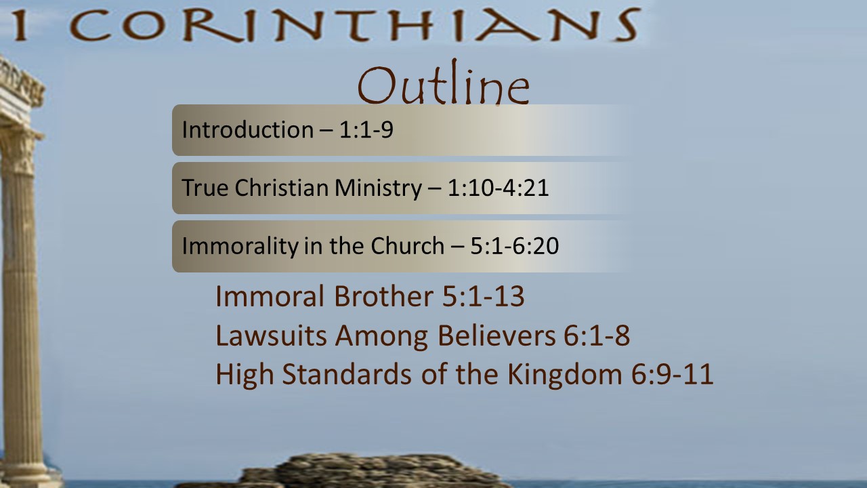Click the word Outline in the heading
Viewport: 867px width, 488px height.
pyautogui.click(x=444, y=83)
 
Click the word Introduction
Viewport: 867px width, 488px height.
pyautogui.click(x=248, y=129)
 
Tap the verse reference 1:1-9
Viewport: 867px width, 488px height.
pyautogui.click(x=366, y=129)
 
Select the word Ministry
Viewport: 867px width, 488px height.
pyautogui.click(x=378, y=188)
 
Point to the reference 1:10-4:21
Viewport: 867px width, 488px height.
pyautogui.click(x=498, y=188)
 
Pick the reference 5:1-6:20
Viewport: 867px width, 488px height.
pyautogui.click(x=514, y=246)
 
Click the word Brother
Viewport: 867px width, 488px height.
pyautogui.click(x=383, y=296)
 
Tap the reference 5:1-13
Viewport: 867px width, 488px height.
pyautogui.click(x=483, y=296)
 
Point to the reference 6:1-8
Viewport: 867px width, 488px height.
pyautogui.click(x=597, y=335)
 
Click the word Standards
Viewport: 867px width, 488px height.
pyautogui.click(x=347, y=374)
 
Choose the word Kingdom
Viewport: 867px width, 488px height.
pyautogui.click(x=565, y=375)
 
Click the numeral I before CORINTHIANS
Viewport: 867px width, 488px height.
pyautogui.click(x=20, y=25)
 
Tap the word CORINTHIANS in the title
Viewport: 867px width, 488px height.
pyautogui.click(x=355, y=25)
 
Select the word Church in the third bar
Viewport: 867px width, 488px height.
pyautogui.click(x=408, y=246)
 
